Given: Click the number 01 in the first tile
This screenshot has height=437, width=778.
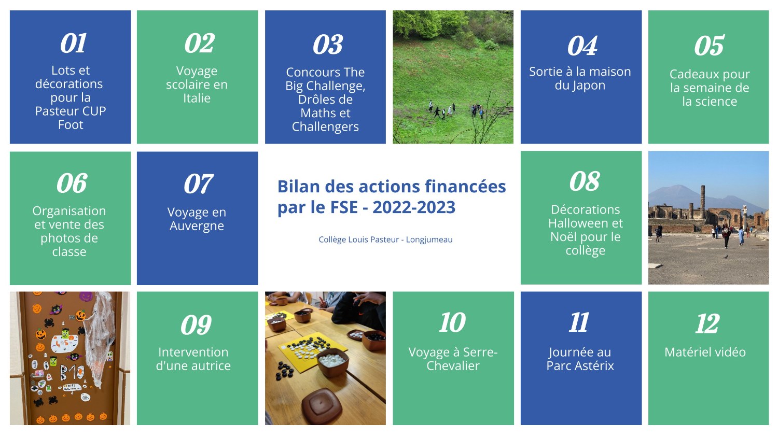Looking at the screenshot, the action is coord(73,44).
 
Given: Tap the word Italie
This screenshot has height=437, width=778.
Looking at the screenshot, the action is coord(197,98).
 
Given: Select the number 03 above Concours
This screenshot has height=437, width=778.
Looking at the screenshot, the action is coord(327,45).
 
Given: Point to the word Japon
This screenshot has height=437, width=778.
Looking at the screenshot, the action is coord(580,86).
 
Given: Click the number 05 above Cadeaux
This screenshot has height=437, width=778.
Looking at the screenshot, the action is coord(709,46).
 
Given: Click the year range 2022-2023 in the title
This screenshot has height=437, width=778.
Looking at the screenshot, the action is coord(414,207).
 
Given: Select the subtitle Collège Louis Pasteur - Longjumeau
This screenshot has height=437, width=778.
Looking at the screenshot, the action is coord(385,239).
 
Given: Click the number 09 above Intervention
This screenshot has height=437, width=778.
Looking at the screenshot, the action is coord(196,325).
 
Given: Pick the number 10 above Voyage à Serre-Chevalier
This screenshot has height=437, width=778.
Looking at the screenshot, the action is coord(452,322).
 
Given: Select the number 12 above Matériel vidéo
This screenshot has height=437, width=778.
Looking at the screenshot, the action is coord(707,323).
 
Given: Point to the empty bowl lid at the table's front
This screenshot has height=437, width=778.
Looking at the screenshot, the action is coord(322,406).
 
